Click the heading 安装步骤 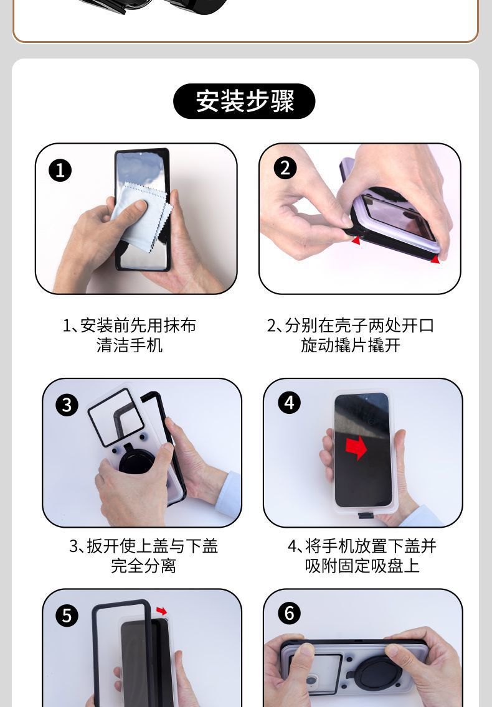pyautogui.click(x=244, y=101)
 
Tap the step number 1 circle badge pyautogui.click(x=60, y=170)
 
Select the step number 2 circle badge pyautogui.click(x=285, y=168)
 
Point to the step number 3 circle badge pyautogui.click(x=67, y=405)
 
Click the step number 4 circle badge pyautogui.click(x=288, y=403)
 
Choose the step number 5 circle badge pyautogui.click(x=67, y=615)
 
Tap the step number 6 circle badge pyautogui.click(x=288, y=613)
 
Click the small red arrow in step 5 pyautogui.click(x=161, y=611)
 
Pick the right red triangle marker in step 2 pyautogui.click(x=435, y=258)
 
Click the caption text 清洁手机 pyautogui.click(x=130, y=345)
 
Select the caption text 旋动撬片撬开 pyautogui.click(x=350, y=345)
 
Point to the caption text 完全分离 pyautogui.click(x=143, y=566)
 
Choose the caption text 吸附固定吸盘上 pyautogui.click(x=362, y=566)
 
